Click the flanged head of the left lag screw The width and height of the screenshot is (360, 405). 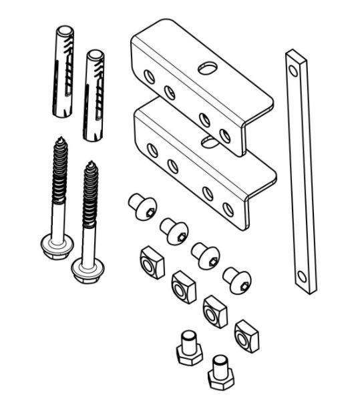pyautogui.click(x=52, y=246)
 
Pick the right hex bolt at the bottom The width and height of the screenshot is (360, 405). pyautogui.click(x=219, y=373)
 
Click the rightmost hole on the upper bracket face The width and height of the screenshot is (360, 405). pyautogui.click(x=226, y=136)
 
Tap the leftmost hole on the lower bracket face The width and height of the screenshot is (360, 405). pyautogui.click(x=152, y=150)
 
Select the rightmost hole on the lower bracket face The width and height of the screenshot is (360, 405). pyautogui.click(x=229, y=208)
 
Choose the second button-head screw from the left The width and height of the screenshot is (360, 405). pyautogui.click(x=174, y=231)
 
